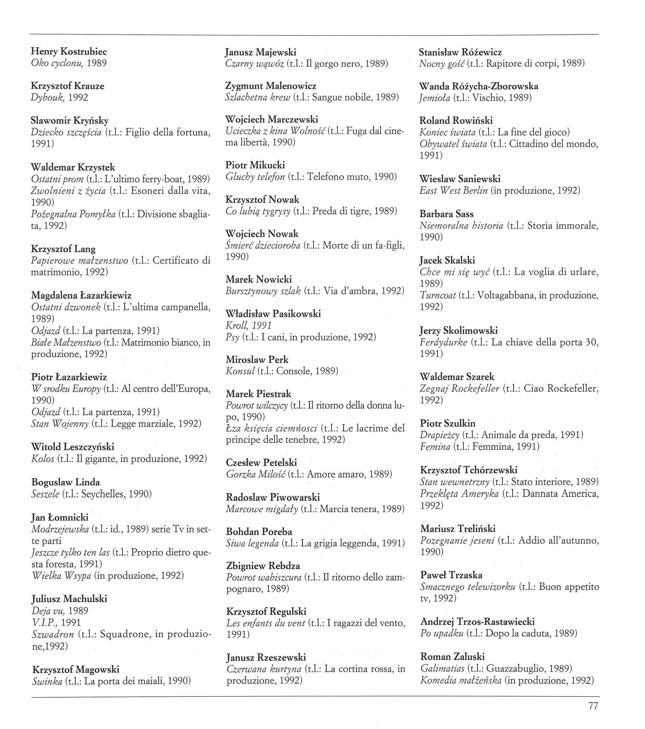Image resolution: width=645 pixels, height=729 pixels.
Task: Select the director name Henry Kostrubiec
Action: (69, 51)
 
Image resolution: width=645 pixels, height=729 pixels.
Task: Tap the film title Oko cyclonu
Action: (57, 63)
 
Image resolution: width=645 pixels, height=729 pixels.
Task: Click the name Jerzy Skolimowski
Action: (459, 330)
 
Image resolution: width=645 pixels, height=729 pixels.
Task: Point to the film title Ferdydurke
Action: (443, 342)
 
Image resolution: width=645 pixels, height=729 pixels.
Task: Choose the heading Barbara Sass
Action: (446, 214)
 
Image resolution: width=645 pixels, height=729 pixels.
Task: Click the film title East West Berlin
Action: (453, 190)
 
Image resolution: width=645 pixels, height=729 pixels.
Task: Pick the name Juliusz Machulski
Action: (69, 599)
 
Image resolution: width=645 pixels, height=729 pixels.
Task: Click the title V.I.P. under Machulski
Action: (45, 622)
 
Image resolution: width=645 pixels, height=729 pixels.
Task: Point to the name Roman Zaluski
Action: (452, 657)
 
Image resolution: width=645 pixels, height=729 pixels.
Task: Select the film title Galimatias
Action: (442, 668)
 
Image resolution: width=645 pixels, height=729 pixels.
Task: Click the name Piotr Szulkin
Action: (447, 423)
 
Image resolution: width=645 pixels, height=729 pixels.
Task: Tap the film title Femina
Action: (435, 447)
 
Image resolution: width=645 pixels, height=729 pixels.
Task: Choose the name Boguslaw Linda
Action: (66, 482)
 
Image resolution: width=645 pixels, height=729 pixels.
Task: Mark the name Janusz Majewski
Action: (260, 52)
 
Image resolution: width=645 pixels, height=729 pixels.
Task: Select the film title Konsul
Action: (240, 371)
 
